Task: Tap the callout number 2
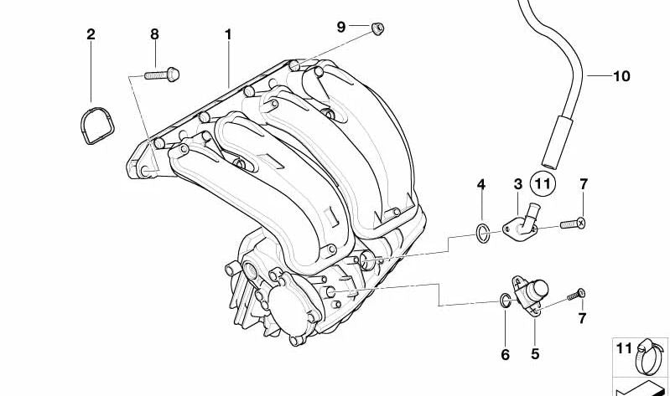pos(91,34)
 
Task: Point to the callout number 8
pos(154,34)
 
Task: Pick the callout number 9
pos(341,27)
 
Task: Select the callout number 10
pos(621,76)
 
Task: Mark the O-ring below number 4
pos(482,232)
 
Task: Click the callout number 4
pos(480,184)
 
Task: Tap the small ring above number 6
pos(503,300)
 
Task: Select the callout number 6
pos(505,354)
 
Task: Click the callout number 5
pos(535,354)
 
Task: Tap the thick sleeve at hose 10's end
pos(556,143)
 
